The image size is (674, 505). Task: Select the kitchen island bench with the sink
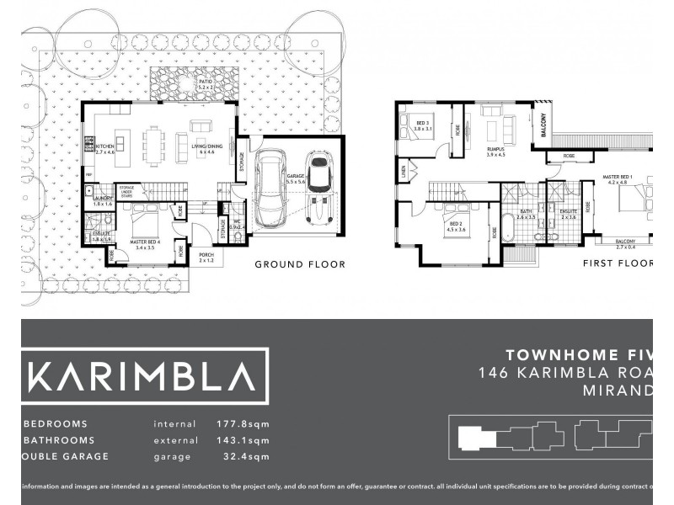(120, 143)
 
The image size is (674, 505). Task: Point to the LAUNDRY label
(104, 201)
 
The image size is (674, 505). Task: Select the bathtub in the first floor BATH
(507, 228)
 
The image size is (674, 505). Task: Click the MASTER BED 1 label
(616, 178)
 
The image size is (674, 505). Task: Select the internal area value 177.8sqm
(242, 424)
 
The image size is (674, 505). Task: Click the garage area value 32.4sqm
(242, 457)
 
